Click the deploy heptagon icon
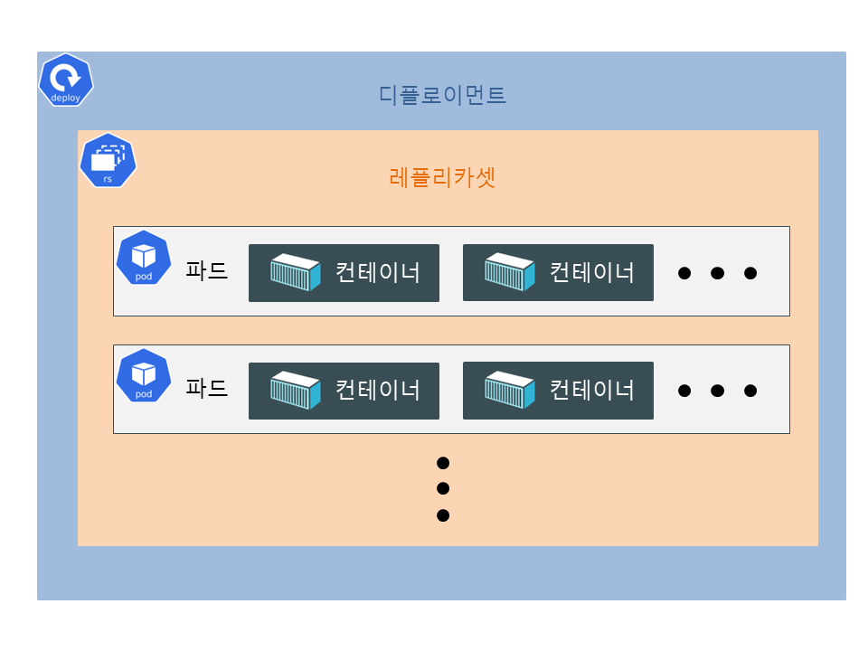tap(66, 80)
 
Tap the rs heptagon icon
tap(108, 161)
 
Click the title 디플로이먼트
tap(442, 95)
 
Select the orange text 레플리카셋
tap(442, 177)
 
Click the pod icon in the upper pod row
tap(144, 258)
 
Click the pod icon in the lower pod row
tap(144, 376)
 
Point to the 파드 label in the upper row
tap(206, 270)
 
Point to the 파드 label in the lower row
tap(206, 389)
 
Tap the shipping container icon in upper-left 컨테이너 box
tap(296, 272)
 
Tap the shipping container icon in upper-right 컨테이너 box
tap(510, 272)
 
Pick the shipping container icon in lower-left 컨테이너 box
tap(296, 391)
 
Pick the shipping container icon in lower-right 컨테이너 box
tap(510, 391)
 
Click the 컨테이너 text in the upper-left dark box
tap(378, 272)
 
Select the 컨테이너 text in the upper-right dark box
tap(592, 272)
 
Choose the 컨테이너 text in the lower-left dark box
tap(378, 391)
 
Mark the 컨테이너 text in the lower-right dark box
tap(592, 391)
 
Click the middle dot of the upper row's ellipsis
tap(717, 273)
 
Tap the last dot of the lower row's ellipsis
tap(750, 392)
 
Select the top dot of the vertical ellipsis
tap(443, 463)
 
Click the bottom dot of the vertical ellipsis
tap(443, 516)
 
